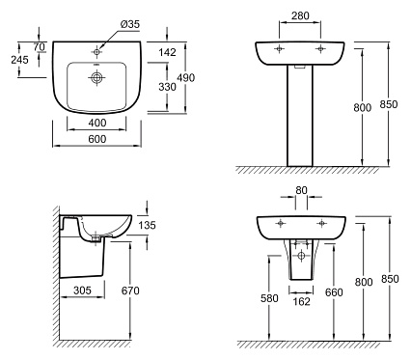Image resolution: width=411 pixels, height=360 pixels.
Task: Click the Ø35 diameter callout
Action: coord(130,24)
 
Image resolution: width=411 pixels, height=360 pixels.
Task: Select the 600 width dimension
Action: coord(96,139)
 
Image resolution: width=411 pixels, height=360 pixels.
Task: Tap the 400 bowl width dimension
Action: coord(96,123)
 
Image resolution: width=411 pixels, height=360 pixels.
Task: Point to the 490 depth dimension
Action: coord(186,77)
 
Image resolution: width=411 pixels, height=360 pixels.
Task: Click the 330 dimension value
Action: coord(167,87)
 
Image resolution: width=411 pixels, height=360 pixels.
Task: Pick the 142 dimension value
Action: coord(167,52)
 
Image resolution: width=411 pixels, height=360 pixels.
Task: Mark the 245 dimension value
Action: coord(19,60)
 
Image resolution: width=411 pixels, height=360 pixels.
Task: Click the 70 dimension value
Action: coord(39,47)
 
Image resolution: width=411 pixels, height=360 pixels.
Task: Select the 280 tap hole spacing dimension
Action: coord(300,15)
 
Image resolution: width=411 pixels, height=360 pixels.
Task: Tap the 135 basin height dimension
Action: coord(147,225)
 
